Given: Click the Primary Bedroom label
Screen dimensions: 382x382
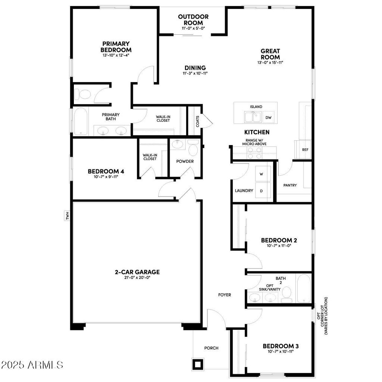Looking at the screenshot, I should tap(116, 47).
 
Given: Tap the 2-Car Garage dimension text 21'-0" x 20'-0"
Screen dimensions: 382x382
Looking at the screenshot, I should tap(137, 278).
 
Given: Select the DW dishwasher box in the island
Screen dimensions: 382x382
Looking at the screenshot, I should tap(268, 118).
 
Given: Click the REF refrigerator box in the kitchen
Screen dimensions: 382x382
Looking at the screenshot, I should tap(305, 150).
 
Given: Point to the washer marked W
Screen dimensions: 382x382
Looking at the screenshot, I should tap(261, 174).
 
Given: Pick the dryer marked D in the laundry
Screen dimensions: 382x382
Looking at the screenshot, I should tap(261, 191).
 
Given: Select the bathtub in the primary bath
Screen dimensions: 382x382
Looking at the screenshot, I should tap(80, 122).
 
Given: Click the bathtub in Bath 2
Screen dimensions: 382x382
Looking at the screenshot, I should tap(303, 289).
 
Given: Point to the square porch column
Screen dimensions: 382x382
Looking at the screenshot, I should tap(197, 363).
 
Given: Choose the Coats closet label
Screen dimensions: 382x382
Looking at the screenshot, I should tap(197, 121).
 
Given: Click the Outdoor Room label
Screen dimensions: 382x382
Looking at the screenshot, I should tap(193, 20).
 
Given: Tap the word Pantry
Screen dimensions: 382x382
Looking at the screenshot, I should tap(290, 185).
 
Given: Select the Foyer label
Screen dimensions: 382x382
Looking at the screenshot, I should tap(225, 295).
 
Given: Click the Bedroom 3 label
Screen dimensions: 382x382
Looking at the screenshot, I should tap(281, 346).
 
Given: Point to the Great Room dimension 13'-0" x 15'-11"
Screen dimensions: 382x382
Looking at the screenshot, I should tap(270, 63).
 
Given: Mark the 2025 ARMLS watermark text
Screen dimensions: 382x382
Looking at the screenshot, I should tap(32, 364).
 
